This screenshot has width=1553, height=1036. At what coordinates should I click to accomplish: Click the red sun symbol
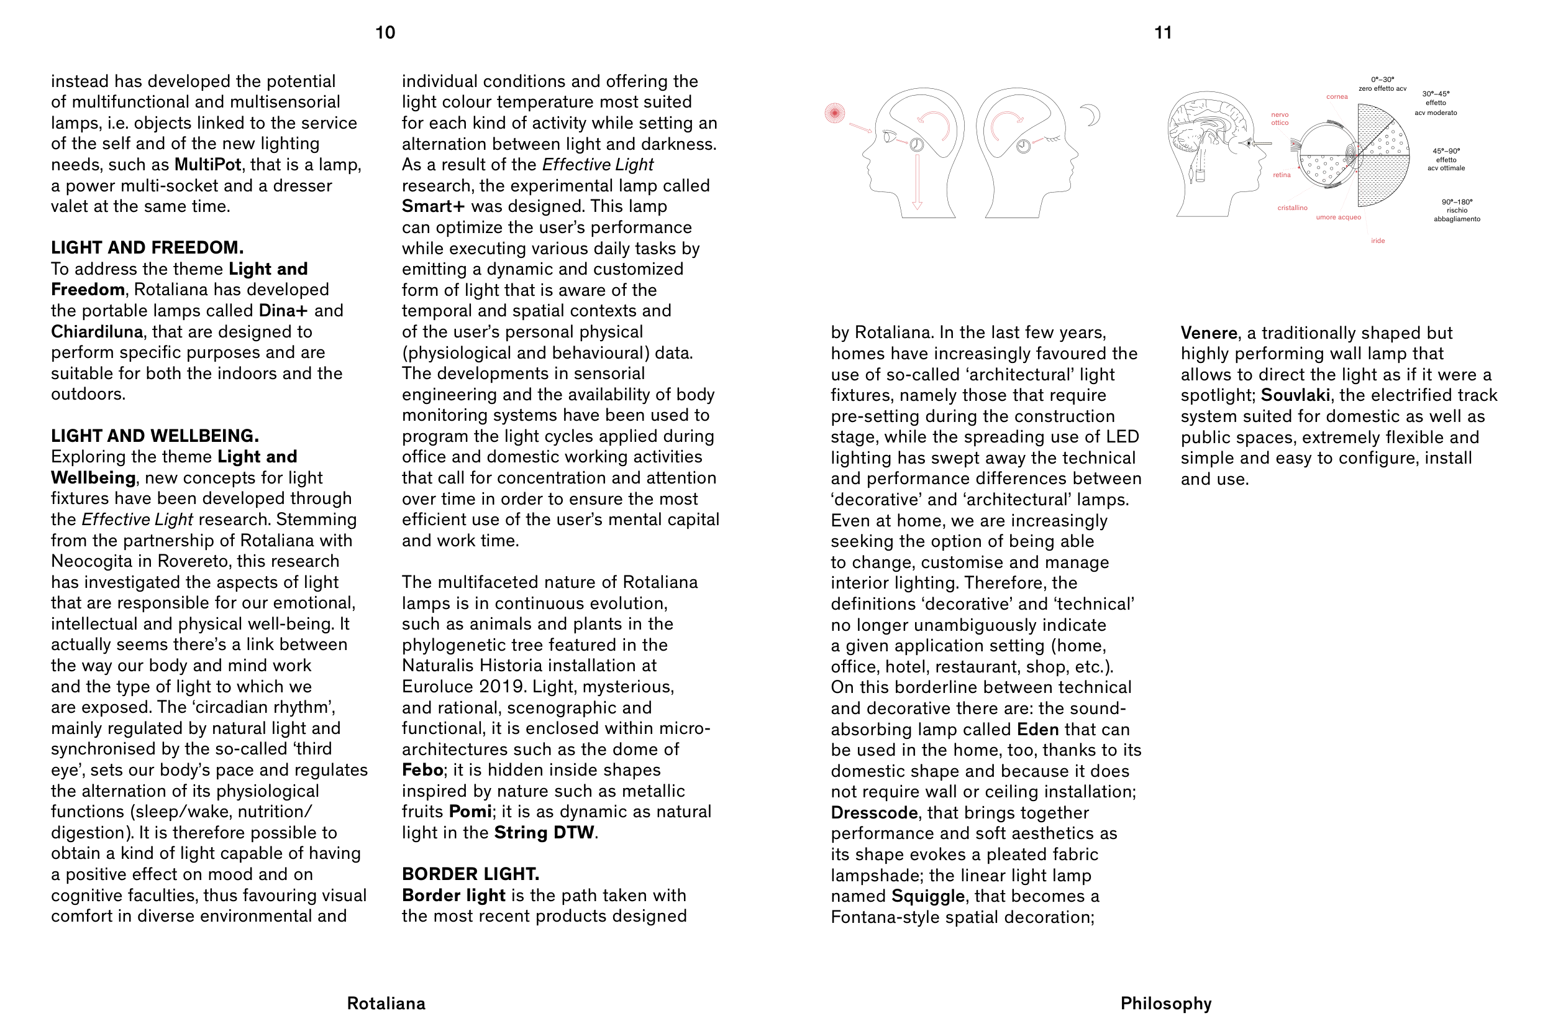[835, 113]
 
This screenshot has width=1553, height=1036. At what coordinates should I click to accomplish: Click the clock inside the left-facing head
[916, 145]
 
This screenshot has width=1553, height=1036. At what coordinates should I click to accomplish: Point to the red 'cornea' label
[1336, 97]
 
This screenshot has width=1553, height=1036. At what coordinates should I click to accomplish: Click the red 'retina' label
[1282, 175]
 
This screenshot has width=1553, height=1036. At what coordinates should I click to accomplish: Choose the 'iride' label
[1377, 241]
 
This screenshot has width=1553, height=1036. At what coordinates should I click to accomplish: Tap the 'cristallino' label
[1292, 208]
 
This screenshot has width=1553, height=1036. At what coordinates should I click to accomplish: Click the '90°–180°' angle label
[1457, 202]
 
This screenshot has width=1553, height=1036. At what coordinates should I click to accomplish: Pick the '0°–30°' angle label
[1382, 80]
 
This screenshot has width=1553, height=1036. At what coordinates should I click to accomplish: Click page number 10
[385, 32]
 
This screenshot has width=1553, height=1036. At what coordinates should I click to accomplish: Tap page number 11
[1163, 32]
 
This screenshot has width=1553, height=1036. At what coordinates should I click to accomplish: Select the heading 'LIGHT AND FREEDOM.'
[147, 248]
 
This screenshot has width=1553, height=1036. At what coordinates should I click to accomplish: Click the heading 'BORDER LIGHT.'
[470, 874]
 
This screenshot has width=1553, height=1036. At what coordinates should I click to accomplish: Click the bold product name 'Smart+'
[433, 206]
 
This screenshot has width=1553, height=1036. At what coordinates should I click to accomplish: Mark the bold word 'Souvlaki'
[1295, 395]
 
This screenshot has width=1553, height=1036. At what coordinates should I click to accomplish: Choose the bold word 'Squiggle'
[927, 896]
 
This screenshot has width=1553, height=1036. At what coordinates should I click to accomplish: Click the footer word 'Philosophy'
[1165, 1004]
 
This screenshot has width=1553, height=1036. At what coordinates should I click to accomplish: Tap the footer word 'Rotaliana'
[386, 1004]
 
